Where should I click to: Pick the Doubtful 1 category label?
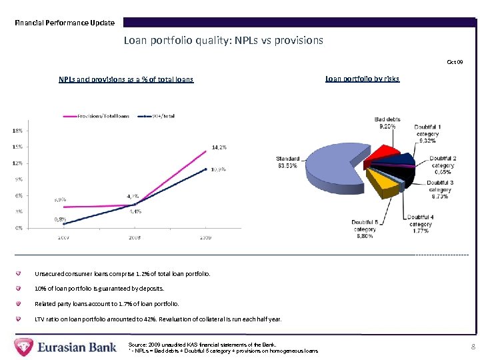(x=427, y=133)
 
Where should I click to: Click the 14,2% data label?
(x=219, y=147)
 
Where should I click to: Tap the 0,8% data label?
(x=59, y=219)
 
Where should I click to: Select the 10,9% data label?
(x=218, y=169)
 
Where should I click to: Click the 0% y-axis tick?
(x=19, y=228)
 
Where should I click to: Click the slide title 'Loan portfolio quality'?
(x=223, y=40)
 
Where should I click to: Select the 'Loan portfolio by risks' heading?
(x=362, y=79)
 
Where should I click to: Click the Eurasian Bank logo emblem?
(x=25, y=347)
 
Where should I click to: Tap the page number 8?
(x=473, y=347)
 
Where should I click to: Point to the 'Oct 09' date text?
(x=455, y=62)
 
